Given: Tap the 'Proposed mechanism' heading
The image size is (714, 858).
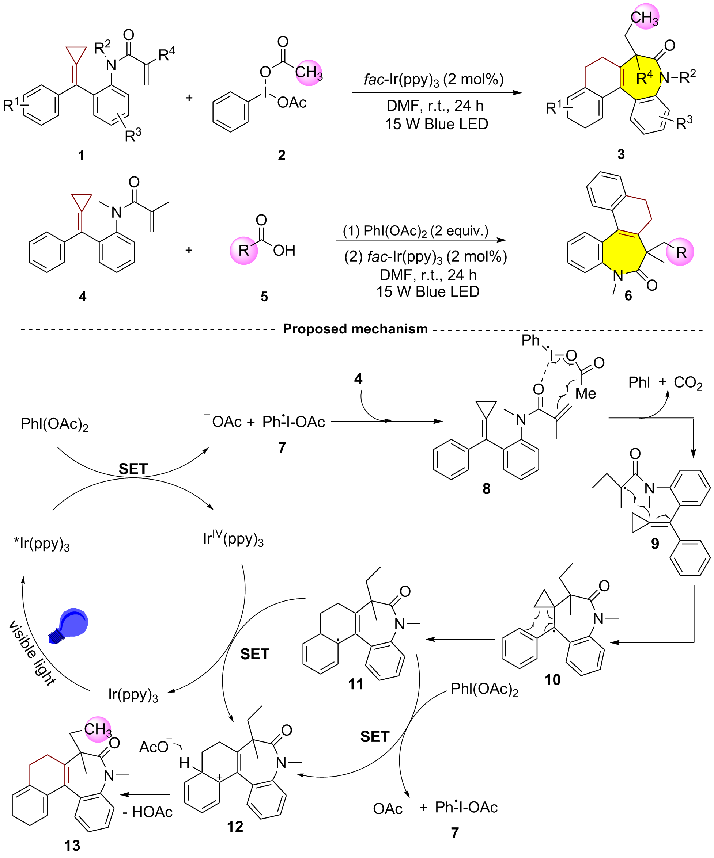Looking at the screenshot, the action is [x=355, y=328].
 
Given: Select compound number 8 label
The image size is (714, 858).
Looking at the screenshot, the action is [x=486, y=488].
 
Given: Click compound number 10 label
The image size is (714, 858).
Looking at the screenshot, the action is [x=552, y=679].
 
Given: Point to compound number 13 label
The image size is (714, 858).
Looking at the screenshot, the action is [x=72, y=846].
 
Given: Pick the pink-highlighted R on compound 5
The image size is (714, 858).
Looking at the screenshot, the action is [x=244, y=251].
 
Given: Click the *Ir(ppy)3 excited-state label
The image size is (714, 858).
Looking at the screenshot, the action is [x=42, y=544].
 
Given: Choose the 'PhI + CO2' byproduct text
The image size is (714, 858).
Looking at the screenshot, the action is [x=665, y=383].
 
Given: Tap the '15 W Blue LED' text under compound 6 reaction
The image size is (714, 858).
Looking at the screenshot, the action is [x=428, y=292].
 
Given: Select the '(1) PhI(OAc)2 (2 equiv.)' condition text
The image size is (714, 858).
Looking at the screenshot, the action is [x=415, y=231].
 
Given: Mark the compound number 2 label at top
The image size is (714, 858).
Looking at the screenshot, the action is [x=282, y=155].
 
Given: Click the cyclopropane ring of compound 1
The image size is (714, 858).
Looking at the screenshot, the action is [x=76, y=55].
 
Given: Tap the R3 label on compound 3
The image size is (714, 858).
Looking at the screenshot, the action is [x=684, y=123].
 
